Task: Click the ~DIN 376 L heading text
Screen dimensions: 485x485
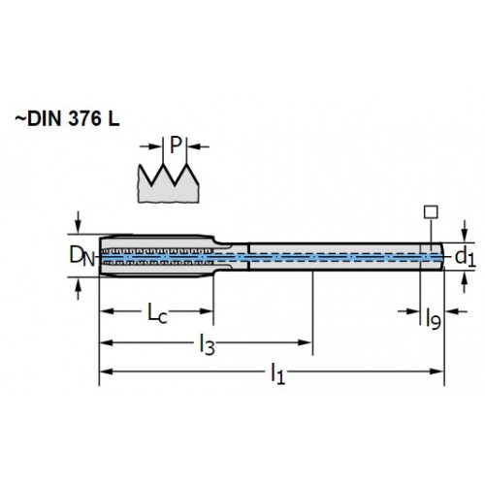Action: (x=67, y=119)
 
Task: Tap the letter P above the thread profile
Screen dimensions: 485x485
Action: (x=176, y=145)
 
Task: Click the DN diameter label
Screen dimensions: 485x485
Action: (x=81, y=256)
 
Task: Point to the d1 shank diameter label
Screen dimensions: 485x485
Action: (x=466, y=257)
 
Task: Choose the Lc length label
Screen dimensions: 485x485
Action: (x=157, y=313)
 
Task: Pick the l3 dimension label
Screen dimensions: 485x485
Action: (x=207, y=344)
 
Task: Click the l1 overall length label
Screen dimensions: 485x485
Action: (x=277, y=373)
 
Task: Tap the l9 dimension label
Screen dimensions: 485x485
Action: (x=434, y=319)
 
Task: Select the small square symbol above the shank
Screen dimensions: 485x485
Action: (x=431, y=212)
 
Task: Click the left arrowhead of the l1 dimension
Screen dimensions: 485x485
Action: (x=106, y=372)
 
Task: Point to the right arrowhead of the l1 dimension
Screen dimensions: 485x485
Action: (x=437, y=372)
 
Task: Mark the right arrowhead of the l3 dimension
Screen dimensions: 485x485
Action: (x=305, y=342)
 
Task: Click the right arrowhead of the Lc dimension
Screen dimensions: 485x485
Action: (x=207, y=311)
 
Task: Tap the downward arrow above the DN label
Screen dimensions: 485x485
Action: (x=78, y=222)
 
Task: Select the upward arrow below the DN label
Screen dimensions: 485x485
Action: (x=78, y=289)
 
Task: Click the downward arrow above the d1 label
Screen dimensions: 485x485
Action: (x=465, y=231)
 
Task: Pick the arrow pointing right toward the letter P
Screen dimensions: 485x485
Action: (x=150, y=146)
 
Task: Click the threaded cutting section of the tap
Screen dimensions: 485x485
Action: (x=156, y=256)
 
